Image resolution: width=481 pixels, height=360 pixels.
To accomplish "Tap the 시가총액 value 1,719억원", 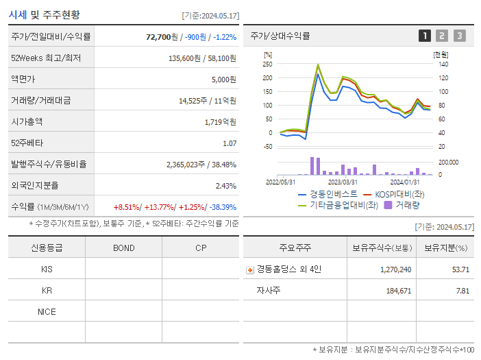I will click(220, 122).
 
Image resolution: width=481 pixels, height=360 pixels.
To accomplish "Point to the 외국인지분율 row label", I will click(35, 186).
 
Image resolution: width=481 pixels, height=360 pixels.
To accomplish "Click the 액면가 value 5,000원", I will click(223, 80).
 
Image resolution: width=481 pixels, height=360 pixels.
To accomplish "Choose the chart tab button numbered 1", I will click(425, 36).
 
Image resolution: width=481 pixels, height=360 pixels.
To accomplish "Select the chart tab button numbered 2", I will click(442, 36).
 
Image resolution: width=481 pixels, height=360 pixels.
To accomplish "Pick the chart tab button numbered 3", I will click(459, 36).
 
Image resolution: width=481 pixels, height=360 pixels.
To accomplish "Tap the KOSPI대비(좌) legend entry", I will click(399, 195).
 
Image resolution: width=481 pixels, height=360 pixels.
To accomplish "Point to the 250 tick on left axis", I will click(267, 64).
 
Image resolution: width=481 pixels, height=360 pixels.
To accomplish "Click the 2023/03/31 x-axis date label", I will click(343, 182).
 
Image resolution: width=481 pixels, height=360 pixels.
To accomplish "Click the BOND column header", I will click(123, 248).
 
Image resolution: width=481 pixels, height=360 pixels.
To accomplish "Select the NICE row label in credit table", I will click(47, 312).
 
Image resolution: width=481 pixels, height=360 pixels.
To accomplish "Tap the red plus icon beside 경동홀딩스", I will click(249, 269).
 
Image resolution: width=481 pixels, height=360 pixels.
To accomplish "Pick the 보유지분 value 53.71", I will click(460, 269).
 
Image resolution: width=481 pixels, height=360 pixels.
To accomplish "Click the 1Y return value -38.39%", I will click(223, 207).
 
